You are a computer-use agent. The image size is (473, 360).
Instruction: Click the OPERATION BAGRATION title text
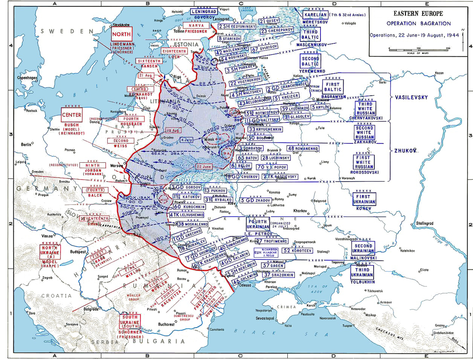point(419,24)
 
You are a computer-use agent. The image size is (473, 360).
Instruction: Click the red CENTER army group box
point(71,115)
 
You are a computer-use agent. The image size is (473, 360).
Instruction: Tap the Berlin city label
point(26,145)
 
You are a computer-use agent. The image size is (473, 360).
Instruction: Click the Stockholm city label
point(121,25)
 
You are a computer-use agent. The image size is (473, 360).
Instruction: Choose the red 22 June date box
point(204,167)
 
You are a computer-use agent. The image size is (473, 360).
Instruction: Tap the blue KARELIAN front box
point(316,15)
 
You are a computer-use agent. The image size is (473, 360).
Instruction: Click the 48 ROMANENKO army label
point(303,148)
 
